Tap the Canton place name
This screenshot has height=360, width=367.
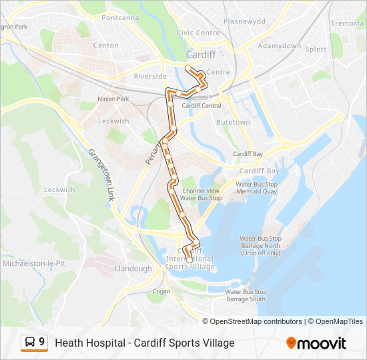coord(105,45)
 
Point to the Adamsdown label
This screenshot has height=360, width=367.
coord(280,46)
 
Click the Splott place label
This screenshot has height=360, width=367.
coord(316,49)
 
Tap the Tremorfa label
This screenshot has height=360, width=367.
coord(348,23)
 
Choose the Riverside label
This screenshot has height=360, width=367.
coord(149,77)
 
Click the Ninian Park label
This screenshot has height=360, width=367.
coord(113,99)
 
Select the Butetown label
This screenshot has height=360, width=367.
coord(233,123)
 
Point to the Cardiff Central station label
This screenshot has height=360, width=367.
coord(202,105)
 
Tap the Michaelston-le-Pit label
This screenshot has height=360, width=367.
coord(34,263)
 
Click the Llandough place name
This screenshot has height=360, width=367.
coord(133,269)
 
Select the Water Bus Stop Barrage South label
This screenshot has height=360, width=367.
coord(246,295)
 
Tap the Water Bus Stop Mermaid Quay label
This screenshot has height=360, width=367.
coord(256,187)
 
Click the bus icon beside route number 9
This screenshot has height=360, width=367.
coord(30,343)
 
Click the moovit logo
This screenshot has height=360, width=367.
coord(316,343)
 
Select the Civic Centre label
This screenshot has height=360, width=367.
coord(198,33)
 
